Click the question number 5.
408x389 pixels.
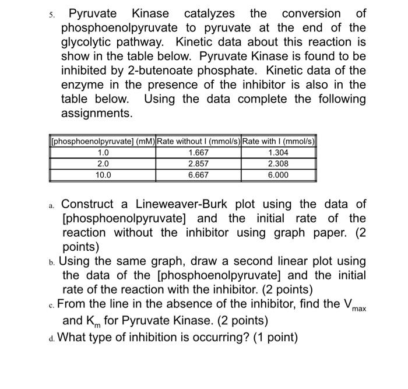pos(51,14)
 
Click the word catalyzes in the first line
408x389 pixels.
pos(209,13)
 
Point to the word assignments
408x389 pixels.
pos(97,113)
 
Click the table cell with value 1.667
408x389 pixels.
pos(198,153)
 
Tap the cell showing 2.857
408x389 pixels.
pos(198,164)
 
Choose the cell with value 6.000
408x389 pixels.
pos(278,175)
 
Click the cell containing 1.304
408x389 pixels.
pos(278,153)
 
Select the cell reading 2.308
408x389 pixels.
pos(278,164)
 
